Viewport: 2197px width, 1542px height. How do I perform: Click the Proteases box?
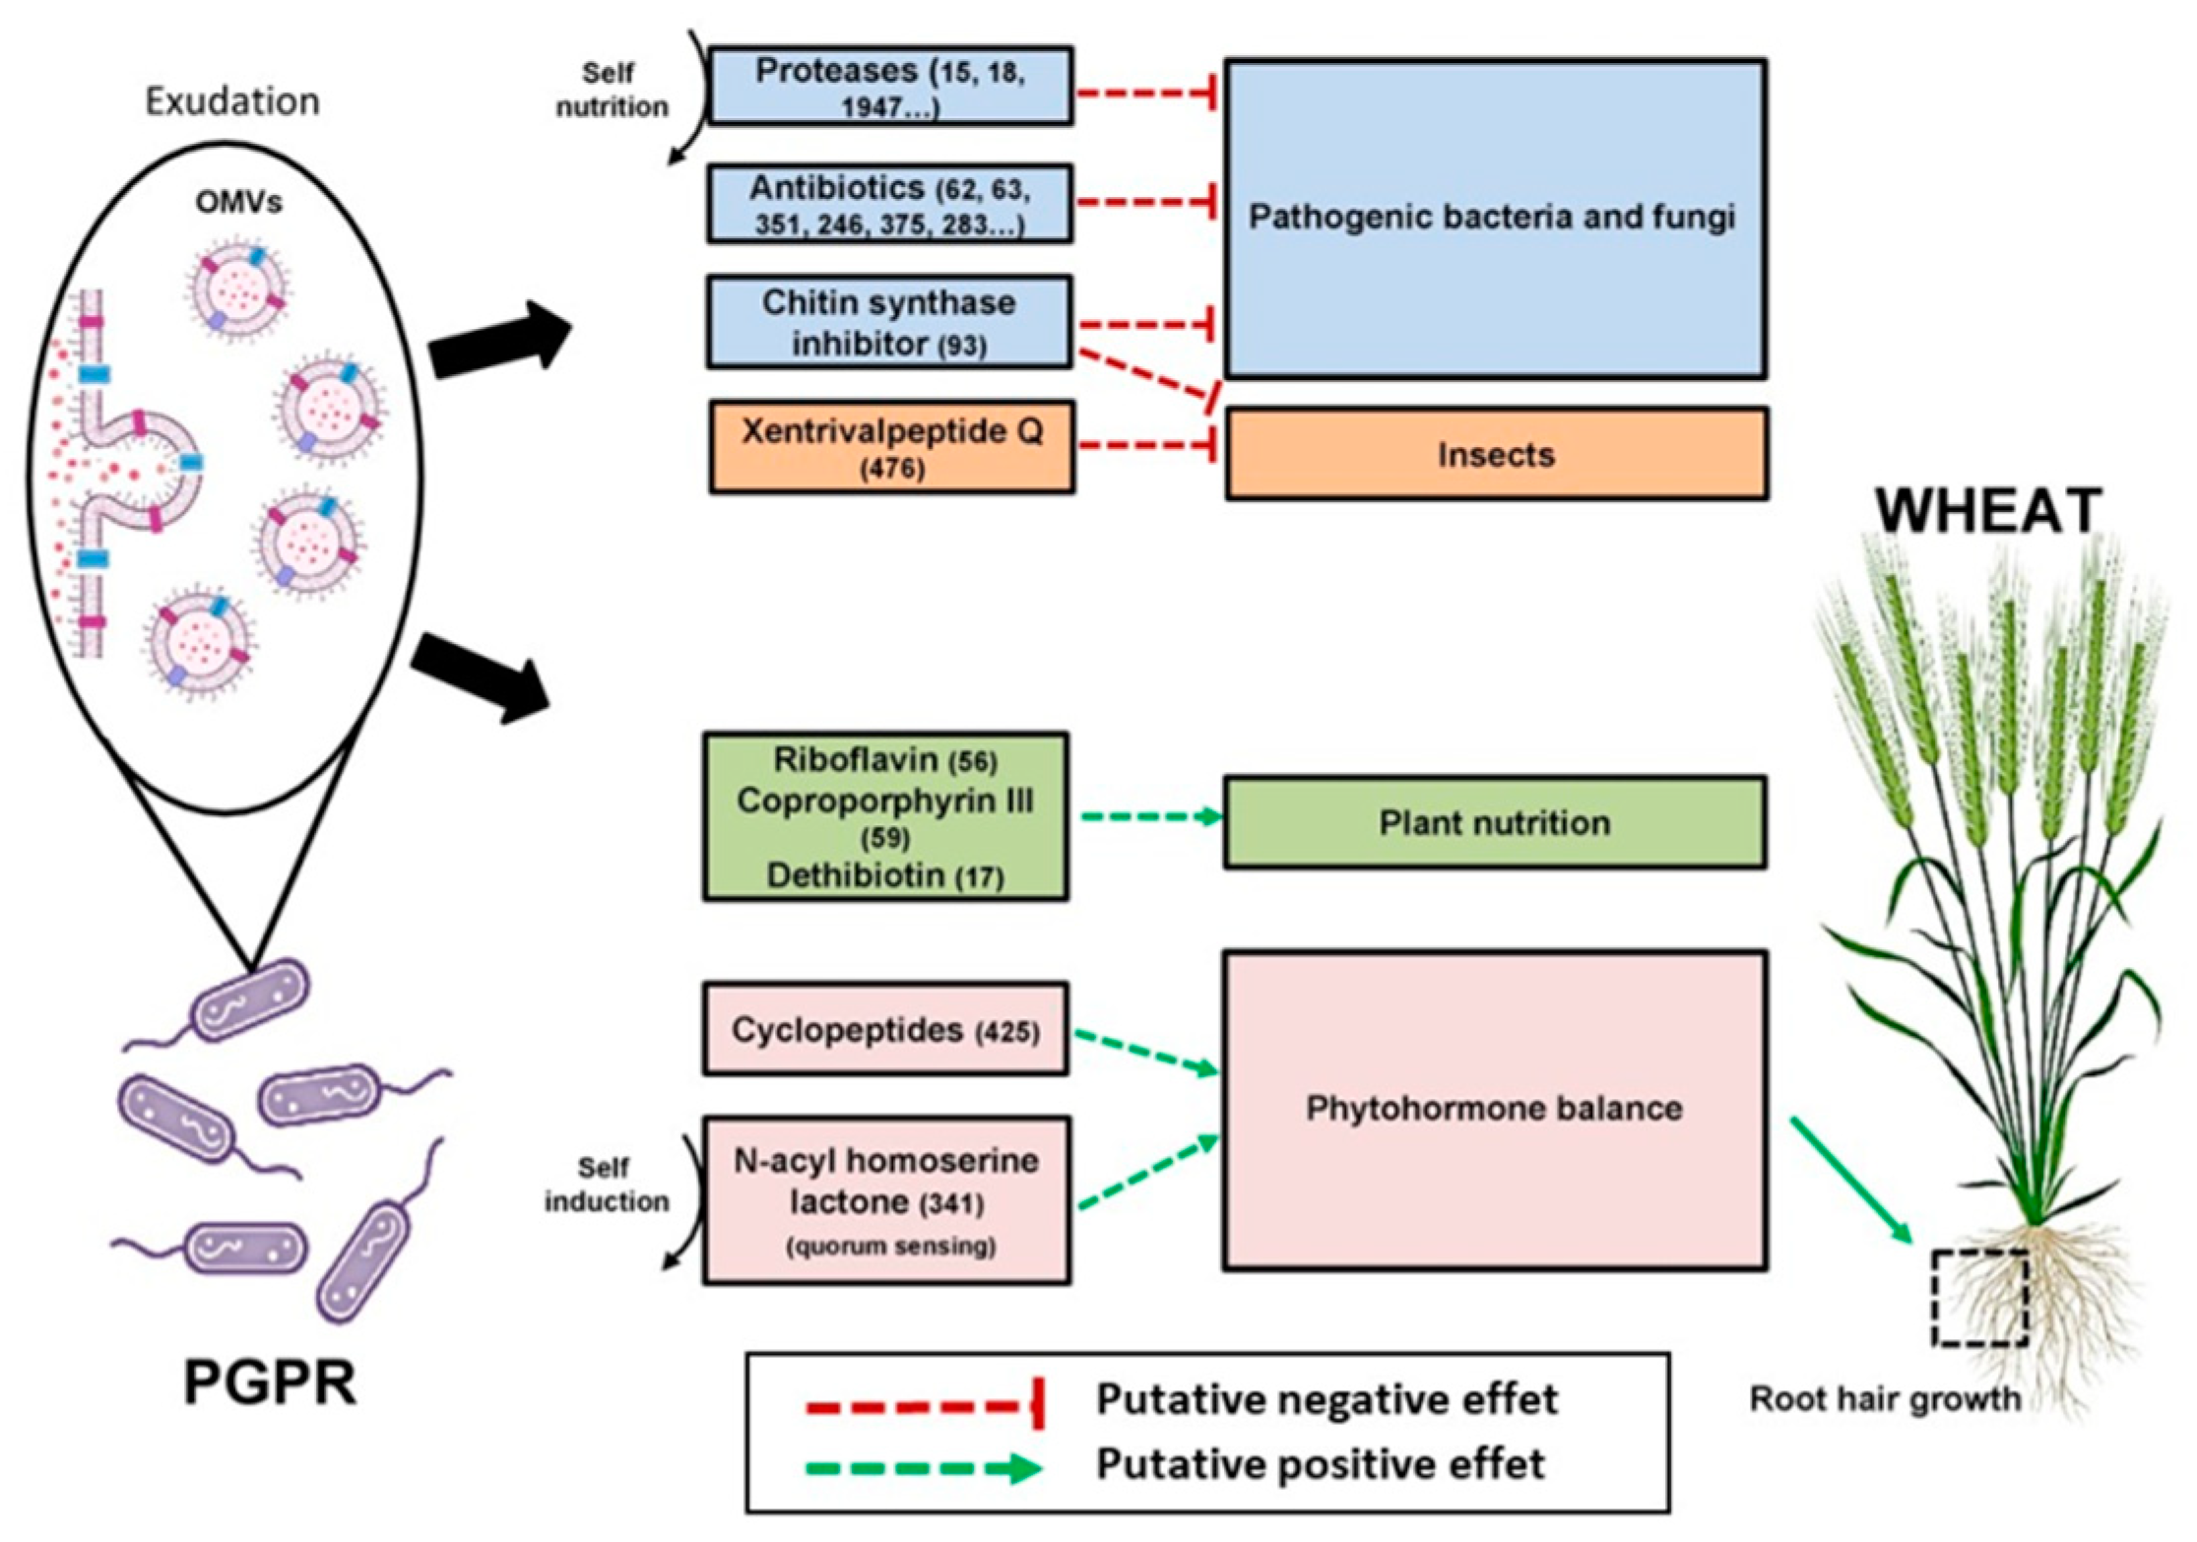(x=889, y=86)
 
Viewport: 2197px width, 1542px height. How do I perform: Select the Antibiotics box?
(x=889, y=204)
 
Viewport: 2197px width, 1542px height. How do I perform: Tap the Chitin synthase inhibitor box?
(x=888, y=323)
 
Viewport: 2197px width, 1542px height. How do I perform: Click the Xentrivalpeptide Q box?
(x=891, y=446)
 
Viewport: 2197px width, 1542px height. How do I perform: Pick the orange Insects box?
(x=1496, y=454)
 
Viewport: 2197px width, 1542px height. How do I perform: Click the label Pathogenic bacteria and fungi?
(x=1492, y=217)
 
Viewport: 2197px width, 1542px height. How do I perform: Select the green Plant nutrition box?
(x=1494, y=822)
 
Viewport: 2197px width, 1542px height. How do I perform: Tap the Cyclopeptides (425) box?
(x=884, y=1029)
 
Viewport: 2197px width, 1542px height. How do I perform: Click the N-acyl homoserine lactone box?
(x=885, y=1199)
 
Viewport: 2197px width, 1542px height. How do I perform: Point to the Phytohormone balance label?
(x=1493, y=1109)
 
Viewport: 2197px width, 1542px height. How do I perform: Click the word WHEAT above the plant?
(x=1988, y=510)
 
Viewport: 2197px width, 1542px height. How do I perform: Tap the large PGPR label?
(x=270, y=1382)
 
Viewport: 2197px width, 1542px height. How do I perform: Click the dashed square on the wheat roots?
(x=1978, y=1297)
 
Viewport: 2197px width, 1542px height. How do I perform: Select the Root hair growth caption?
(x=1884, y=1399)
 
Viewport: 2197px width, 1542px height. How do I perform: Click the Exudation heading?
(x=232, y=100)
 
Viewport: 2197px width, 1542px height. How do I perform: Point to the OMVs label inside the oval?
(x=238, y=202)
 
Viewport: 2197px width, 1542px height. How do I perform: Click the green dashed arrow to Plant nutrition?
(x=1147, y=816)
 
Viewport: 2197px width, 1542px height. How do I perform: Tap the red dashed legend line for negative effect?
(x=921, y=1406)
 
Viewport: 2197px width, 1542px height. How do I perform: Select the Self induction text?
(x=606, y=1185)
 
